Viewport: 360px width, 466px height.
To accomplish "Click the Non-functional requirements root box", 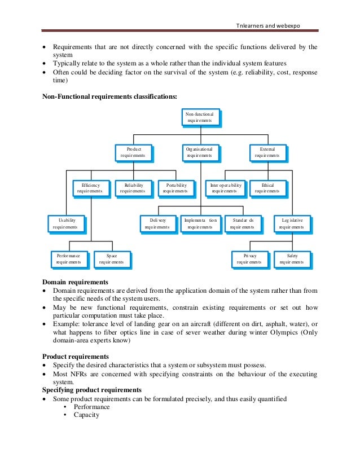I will [200, 117].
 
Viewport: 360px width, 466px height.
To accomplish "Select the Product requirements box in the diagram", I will [134, 152].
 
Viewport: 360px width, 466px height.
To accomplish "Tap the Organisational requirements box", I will [200, 152].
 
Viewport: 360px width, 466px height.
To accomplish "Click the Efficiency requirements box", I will [90, 188].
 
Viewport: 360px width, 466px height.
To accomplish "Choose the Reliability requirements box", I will [134, 188].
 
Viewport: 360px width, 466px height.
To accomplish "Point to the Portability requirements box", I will [175, 188].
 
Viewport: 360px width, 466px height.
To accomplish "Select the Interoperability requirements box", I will [225, 188].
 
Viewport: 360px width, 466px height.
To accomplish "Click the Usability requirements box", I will [65, 223].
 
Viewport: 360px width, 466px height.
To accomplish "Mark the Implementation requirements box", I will [200, 223].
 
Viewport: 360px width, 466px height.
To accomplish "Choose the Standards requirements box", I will [243, 223].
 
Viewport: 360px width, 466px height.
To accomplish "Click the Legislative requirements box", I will [291, 223].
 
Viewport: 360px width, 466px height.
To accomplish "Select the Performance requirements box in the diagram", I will [68, 259].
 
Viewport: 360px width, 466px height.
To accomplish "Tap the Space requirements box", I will [111, 259].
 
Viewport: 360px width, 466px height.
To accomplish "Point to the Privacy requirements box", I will [249, 259].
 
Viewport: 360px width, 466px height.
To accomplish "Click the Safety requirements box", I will [291, 259].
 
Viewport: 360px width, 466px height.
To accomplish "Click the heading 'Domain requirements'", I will [76, 282].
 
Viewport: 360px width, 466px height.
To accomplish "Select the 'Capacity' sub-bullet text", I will [86, 415].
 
